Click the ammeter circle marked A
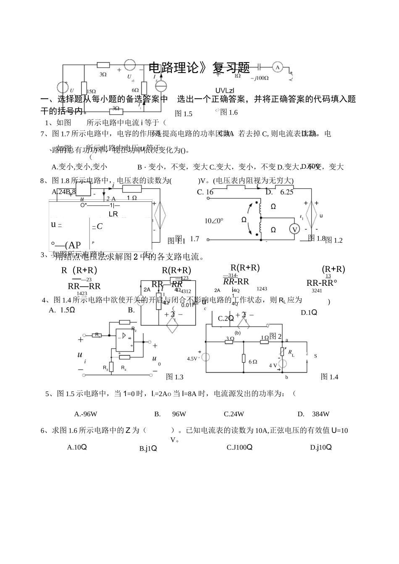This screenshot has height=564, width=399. point(276,67)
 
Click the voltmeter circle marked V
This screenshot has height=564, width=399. point(295,229)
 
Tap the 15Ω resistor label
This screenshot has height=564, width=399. point(92,91)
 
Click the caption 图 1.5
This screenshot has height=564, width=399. point(183,114)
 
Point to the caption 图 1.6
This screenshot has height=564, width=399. point(229,112)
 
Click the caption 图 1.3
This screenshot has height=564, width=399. point(175,377)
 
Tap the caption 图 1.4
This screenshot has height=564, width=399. point(329,377)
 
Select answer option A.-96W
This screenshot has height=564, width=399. point(86,414)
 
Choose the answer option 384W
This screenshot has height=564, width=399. point(321,414)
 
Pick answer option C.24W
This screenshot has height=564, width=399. point(234,414)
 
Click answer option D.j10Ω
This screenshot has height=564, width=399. point(321,447)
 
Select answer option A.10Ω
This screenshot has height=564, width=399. point(77,447)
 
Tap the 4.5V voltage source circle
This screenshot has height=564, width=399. point(206,357)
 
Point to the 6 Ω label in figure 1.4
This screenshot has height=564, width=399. point(253,362)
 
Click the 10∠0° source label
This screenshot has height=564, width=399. point(214,221)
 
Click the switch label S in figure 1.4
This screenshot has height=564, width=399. point(315,356)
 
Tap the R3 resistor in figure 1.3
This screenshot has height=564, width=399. point(111,366)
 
